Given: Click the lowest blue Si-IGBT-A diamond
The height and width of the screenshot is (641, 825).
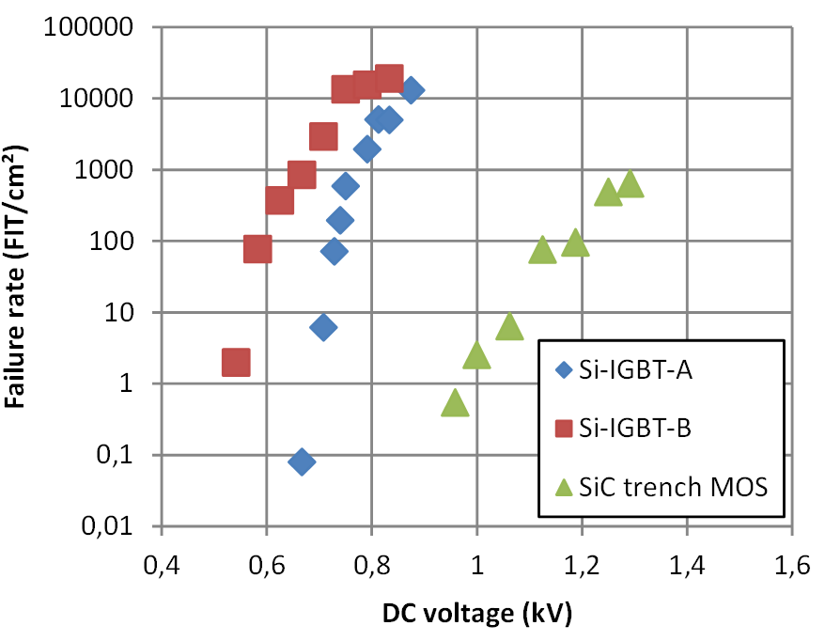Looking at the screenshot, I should point(302,461).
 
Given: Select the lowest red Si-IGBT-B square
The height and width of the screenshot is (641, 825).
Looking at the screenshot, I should point(236,362).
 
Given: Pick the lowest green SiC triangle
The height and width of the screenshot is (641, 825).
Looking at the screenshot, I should point(455,403).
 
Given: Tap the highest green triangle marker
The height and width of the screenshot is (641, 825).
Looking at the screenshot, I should point(630,184).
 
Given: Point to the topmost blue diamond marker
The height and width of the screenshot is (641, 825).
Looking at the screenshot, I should point(411,90).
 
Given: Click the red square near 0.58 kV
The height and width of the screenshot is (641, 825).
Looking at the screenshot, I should point(257,249).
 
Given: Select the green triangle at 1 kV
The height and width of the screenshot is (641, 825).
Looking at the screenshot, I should point(476,355).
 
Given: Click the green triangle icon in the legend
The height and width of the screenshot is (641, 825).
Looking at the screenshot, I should point(564,487).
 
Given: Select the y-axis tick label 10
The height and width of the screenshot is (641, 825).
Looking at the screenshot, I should point(136,312).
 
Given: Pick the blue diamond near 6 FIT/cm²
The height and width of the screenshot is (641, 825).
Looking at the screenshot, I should point(324,327).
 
